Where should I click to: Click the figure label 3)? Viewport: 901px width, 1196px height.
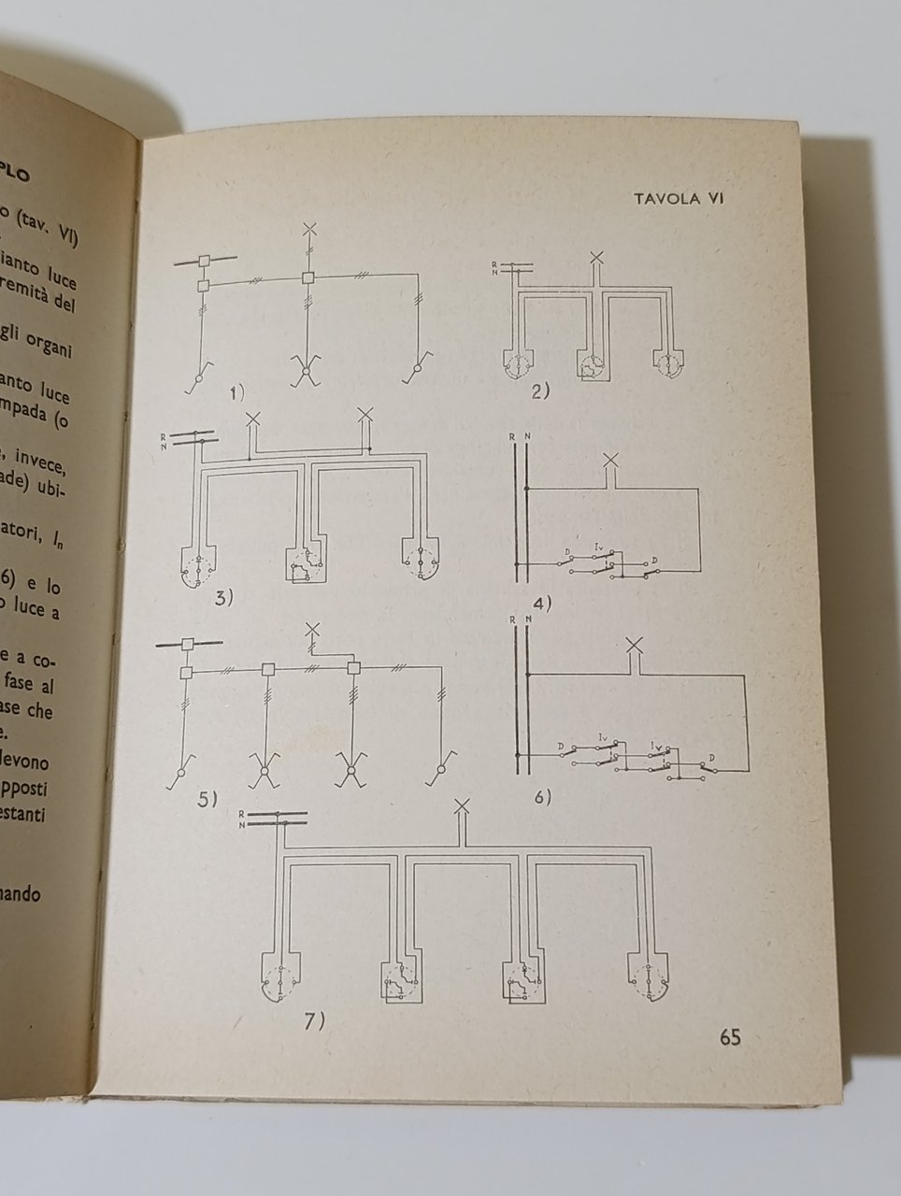click(223, 598)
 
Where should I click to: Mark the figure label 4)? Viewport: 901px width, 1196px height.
click(541, 602)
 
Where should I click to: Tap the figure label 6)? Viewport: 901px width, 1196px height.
click(539, 797)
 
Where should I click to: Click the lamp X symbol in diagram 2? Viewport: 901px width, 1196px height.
click(598, 259)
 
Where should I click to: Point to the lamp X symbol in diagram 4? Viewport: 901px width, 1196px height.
click(611, 459)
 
